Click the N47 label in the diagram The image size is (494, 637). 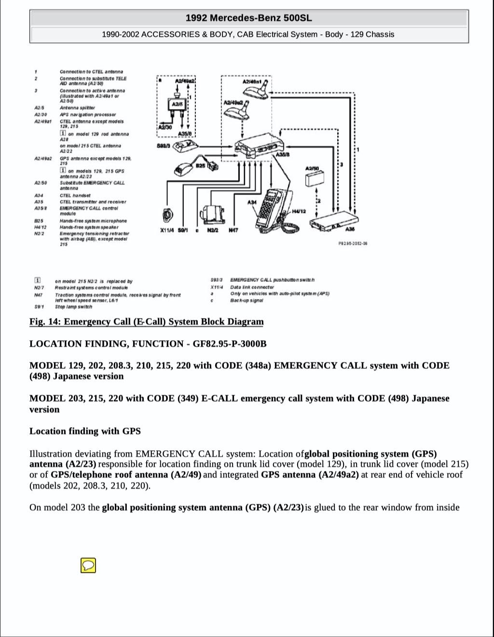pyautogui.click(x=233, y=231)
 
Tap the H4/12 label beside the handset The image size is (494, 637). pyautogui.click(x=299, y=211)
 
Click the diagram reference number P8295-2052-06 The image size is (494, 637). pyautogui.click(x=353, y=244)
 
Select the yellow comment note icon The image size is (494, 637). pyautogui.click(x=88, y=565)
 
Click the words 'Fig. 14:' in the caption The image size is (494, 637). pyautogui.click(x=45, y=322)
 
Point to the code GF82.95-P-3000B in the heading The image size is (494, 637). pyautogui.click(x=230, y=344)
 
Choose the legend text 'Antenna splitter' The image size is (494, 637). pyautogui.click(x=77, y=108)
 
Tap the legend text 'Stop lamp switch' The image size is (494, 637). pyautogui.click(x=73, y=306)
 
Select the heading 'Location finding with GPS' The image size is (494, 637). pyautogui.click(x=85, y=431)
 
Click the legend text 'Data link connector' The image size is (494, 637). pyautogui.click(x=252, y=287)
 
